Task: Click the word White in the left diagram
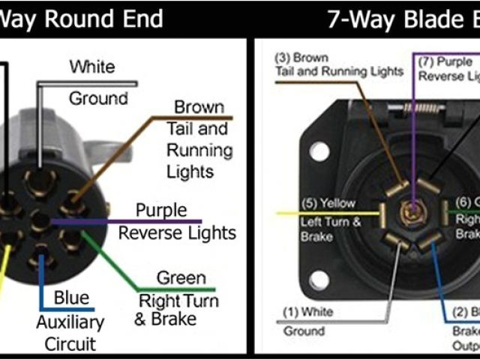tap(93, 67)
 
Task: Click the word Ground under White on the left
tap(97, 98)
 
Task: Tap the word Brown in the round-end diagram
tap(199, 108)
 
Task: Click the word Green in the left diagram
tap(180, 278)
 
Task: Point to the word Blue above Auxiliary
tap(70, 298)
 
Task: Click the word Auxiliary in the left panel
tap(70, 322)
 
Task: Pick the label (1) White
tap(309, 311)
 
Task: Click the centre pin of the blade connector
tap(412, 212)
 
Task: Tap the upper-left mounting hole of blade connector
tap(319, 151)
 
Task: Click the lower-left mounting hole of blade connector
tap(319, 280)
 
